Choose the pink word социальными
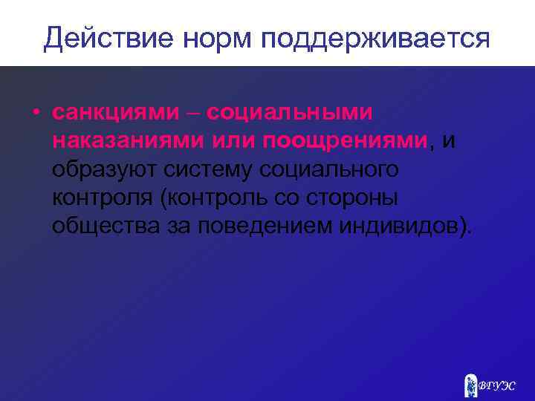pos(290,113)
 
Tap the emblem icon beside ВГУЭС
pos(470,385)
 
